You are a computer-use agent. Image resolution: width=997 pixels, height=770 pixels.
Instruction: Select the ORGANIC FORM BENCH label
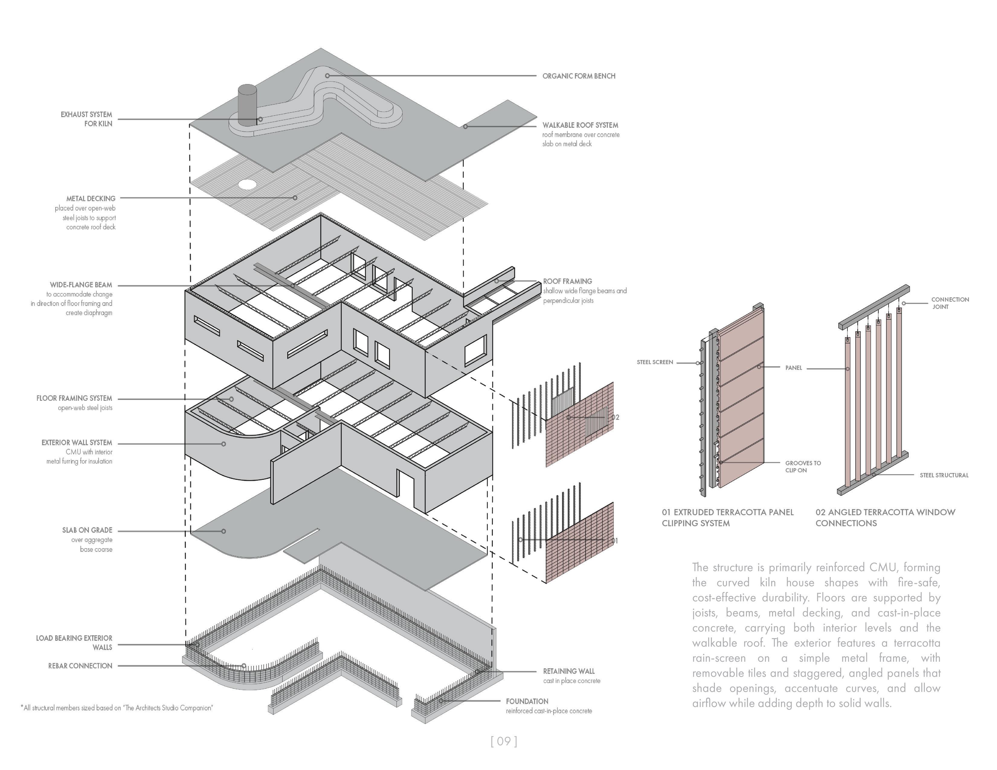pos(578,76)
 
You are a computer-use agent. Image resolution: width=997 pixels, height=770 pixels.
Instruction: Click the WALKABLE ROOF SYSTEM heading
pos(580,125)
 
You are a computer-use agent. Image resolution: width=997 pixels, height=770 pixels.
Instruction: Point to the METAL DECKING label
pos(91,198)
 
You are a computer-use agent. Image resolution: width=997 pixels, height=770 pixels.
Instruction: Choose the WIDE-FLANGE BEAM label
pos(81,285)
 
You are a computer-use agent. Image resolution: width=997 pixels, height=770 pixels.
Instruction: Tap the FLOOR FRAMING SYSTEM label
pos(74,398)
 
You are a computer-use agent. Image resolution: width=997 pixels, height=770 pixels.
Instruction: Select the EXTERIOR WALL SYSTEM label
pos(77,443)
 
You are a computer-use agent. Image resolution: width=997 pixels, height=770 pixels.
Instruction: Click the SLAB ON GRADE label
pos(87,530)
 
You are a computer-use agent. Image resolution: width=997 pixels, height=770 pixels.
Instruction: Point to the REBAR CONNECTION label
pos(80,666)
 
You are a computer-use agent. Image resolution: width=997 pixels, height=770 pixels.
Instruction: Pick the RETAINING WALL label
pos(569,671)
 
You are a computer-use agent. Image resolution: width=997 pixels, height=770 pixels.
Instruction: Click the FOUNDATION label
pos(527,701)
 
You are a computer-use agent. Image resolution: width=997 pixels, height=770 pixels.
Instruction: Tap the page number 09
pos(503,741)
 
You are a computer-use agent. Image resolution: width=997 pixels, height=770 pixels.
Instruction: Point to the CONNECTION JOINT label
pos(950,303)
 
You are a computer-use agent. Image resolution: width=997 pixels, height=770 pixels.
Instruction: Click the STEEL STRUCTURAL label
pos(944,475)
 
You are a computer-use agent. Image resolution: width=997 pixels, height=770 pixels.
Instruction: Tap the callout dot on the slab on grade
pos(224,531)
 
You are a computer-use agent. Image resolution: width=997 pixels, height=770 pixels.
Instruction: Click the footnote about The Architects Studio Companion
pos(117,708)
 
